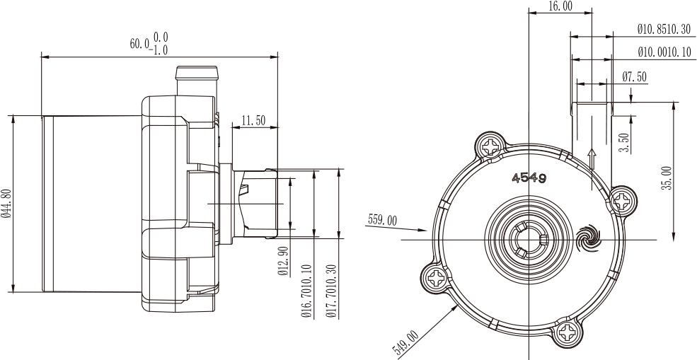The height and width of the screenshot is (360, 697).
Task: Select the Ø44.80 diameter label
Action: click(6, 204)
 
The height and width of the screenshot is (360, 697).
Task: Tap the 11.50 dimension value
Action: click(253, 120)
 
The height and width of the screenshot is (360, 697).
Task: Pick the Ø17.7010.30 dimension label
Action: click(332, 291)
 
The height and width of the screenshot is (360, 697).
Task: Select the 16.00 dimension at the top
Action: click(560, 6)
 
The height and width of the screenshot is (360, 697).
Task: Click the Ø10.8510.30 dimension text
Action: click(664, 30)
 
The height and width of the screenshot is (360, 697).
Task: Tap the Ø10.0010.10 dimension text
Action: click(664, 52)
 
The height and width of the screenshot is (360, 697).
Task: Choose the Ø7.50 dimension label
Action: click(634, 77)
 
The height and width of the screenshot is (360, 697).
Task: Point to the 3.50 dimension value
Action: click(625, 143)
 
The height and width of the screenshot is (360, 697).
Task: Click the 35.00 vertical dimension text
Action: click(667, 178)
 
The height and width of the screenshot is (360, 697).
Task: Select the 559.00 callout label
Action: click(383, 219)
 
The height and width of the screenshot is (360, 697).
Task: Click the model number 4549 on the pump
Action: click(529, 179)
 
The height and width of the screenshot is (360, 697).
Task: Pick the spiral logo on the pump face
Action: click(587, 238)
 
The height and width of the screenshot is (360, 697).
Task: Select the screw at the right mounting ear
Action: click(622, 202)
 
